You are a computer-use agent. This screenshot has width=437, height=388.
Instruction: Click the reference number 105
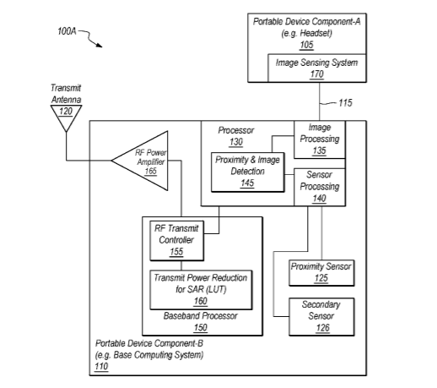coord(306,45)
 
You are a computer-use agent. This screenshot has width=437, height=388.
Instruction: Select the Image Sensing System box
coord(317,68)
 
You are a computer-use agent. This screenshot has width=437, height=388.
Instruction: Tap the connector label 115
coord(345,103)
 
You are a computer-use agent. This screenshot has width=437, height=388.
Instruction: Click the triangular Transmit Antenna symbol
coord(66,117)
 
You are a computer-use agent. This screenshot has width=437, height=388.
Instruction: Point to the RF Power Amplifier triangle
coord(140,161)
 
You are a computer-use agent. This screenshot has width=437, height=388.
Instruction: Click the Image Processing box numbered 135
coord(320,139)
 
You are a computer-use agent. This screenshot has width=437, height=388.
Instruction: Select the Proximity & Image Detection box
coord(248,172)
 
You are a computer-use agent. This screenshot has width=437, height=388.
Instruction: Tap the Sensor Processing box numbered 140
coord(320,187)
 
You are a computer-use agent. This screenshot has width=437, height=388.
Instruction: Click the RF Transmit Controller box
coord(176,241)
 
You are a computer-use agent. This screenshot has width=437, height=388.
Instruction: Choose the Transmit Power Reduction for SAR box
coord(201,290)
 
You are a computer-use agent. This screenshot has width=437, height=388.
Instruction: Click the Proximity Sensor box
coord(321,273)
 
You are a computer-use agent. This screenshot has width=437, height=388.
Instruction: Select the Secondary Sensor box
coord(321,317)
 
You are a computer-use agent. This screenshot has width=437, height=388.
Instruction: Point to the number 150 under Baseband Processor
coord(200,328)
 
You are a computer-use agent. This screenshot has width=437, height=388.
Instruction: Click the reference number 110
coord(101,366)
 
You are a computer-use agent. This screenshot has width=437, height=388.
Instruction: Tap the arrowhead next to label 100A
coord(99,45)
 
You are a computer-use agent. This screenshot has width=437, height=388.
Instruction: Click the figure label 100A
coord(67,31)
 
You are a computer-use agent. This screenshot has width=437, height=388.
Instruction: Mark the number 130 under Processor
coord(235,142)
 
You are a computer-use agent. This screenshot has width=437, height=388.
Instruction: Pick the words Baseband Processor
coord(200,316)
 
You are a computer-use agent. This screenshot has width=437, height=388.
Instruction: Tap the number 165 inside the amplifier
coord(150,171)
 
